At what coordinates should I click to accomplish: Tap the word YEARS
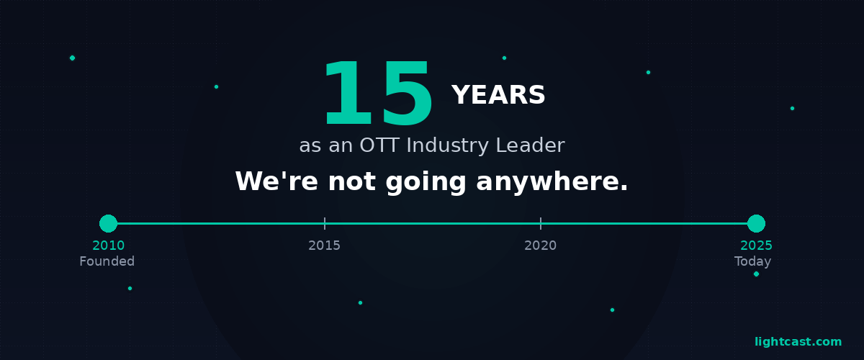tap(498, 95)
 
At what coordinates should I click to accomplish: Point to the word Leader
tap(530, 145)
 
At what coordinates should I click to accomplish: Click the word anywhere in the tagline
tap(552, 182)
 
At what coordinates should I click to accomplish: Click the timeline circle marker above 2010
tap(108, 223)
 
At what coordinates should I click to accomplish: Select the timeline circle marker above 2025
tap(756, 223)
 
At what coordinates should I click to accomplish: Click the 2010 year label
tap(108, 246)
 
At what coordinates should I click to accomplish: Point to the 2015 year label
tap(324, 246)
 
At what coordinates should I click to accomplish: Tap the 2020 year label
tap(540, 246)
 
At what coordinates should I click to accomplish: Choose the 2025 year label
tap(756, 246)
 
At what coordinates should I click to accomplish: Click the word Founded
tap(107, 261)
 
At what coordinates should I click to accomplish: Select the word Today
tap(752, 261)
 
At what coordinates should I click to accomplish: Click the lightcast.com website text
tap(798, 342)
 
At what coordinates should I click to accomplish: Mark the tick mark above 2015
tap(324, 223)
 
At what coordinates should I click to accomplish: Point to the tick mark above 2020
tap(540, 223)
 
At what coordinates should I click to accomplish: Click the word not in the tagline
tap(352, 182)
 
